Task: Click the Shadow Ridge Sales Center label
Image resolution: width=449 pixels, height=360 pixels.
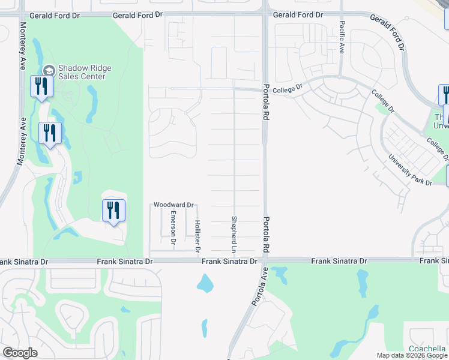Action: pos(82,72)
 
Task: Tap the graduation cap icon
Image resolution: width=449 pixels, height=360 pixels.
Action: pos(49,70)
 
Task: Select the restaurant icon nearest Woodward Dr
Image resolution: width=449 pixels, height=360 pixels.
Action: pos(113,211)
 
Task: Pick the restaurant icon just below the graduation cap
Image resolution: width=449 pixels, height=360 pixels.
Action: pos(41,87)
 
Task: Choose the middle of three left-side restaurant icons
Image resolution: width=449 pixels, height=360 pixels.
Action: pos(50,133)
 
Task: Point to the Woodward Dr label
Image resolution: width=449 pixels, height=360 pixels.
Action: pos(173,205)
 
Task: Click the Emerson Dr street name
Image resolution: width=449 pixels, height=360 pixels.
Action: pos(172,227)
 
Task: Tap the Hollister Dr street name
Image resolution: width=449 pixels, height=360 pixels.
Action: pos(197,235)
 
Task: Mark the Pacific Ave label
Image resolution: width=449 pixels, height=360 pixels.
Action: pos(342,37)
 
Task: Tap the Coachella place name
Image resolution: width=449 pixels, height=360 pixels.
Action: pos(427,349)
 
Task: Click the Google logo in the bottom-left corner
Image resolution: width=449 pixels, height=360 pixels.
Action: pos(20,352)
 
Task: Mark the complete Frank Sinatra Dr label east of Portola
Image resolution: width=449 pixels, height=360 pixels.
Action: pos(339,261)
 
